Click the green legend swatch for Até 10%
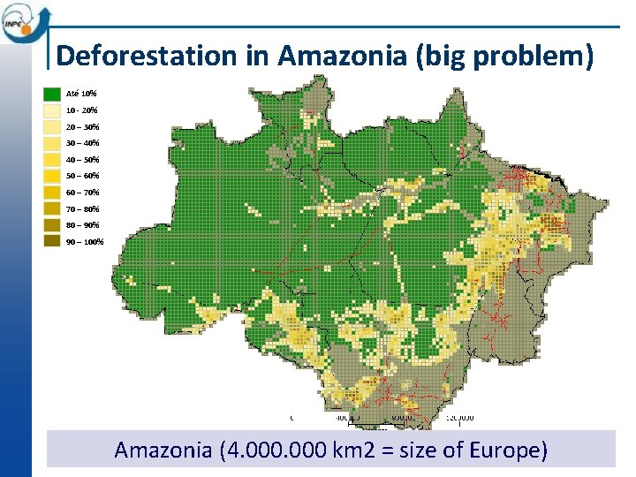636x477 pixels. [x=52, y=94]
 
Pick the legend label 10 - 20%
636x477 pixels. [x=82, y=110]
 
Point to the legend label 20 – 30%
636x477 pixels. [x=83, y=126]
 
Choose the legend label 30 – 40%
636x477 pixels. [x=83, y=143]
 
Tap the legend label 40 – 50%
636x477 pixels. [x=83, y=160]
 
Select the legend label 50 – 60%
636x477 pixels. [x=83, y=176]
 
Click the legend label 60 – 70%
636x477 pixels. [x=83, y=193]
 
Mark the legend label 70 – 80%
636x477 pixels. [x=83, y=209]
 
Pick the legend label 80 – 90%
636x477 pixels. [x=83, y=225]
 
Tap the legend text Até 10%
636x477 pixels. [x=82, y=94]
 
